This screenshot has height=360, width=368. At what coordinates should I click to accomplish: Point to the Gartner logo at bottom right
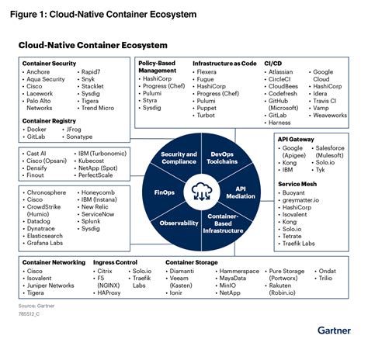[x=339, y=330]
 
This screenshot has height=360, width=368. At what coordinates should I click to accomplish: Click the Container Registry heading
[x=51, y=120]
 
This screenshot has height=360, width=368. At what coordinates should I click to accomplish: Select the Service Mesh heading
[x=298, y=183]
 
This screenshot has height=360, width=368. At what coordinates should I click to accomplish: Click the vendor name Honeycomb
[x=99, y=192]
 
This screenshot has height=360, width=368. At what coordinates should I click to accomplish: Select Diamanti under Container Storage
[x=186, y=272]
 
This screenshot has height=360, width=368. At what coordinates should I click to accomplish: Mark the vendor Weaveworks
[x=328, y=115]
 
